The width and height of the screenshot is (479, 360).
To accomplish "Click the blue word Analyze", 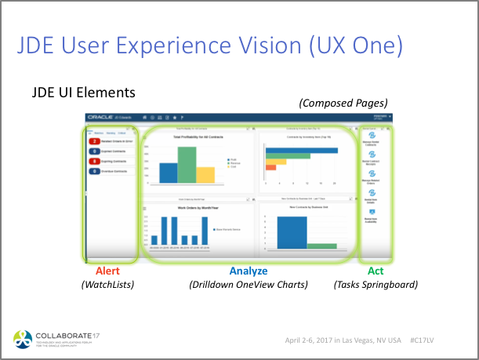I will [248, 271].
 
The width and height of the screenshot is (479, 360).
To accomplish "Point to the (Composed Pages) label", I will [343, 103].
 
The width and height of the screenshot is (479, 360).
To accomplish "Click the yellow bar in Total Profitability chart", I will [205, 174].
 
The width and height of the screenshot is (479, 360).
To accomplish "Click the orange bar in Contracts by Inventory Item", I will [271, 167].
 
